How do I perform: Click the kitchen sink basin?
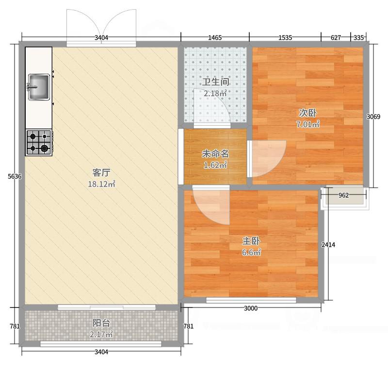tap(39, 87)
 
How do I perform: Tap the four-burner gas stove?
tap(39, 142)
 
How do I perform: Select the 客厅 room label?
tap(101, 173)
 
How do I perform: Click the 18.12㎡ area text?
tap(101, 184)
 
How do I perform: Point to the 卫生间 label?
tap(215, 82)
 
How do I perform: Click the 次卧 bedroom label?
tap(308, 113)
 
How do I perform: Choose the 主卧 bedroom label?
tap(251, 241)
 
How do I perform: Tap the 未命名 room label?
tap(215, 154)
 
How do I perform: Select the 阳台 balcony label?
tap(101, 323)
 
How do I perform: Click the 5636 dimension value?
tap(15, 177)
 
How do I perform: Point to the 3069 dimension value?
tap(373, 116)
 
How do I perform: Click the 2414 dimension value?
tap(328, 245)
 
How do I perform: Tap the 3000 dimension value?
tap(251, 308)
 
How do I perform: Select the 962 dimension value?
tap(343, 195)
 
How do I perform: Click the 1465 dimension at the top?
tap(215, 38)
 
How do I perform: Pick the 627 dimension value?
tap(336, 38)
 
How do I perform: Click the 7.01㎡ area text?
tap(308, 124)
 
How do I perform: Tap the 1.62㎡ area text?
tap(215, 165)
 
